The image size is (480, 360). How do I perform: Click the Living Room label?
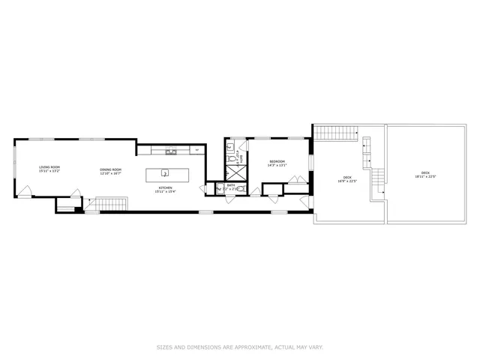tap(49, 166)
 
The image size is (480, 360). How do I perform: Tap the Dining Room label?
tap(111, 169)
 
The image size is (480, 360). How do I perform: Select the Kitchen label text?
tap(164, 187)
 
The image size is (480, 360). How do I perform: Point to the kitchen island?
tap(164, 175)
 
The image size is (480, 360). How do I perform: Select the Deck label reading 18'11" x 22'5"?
tap(425, 173)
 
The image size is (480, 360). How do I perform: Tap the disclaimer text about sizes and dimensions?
tap(240, 346)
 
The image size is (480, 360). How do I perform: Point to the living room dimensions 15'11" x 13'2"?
tap(49, 171)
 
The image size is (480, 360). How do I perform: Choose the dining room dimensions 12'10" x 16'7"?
tap(111, 173)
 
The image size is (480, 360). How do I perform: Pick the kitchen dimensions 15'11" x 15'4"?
tap(164, 191)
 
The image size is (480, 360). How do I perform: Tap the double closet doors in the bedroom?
tap(298, 179)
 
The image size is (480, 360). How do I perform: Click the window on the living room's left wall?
tap(14, 166)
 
